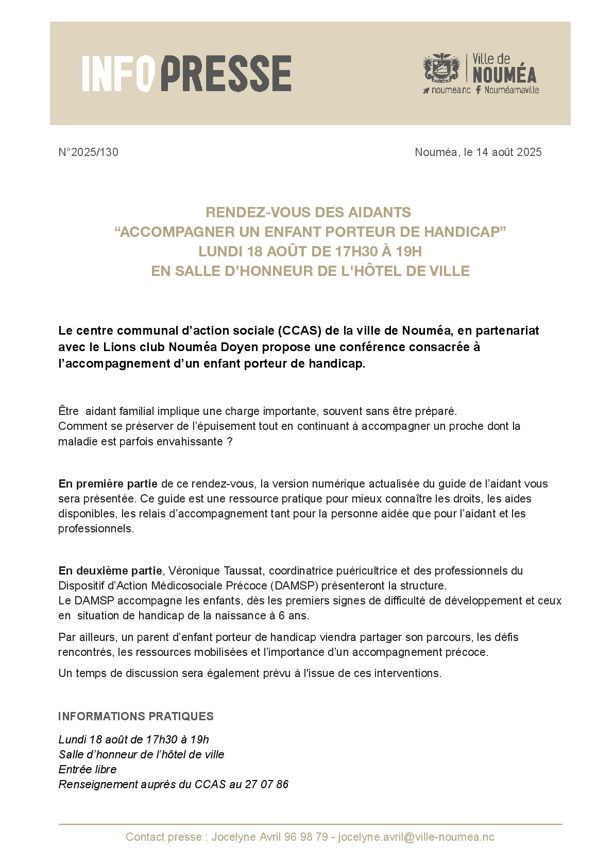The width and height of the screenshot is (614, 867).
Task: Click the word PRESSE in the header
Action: (227, 74)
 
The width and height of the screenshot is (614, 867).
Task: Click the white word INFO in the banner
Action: (118, 74)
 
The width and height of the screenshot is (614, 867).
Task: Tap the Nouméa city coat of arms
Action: (441, 68)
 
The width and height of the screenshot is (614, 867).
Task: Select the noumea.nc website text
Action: (451, 90)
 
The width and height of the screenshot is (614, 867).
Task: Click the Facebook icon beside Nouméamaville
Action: (479, 90)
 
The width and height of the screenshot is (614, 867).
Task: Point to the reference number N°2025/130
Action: (89, 152)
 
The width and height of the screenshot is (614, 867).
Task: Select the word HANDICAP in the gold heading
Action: (466, 232)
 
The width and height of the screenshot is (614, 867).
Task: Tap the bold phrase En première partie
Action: (108, 484)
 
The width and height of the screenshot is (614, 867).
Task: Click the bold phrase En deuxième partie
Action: (110, 571)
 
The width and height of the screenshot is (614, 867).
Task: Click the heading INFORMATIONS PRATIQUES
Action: (136, 717)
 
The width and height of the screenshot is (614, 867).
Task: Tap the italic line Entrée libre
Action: (88, 770)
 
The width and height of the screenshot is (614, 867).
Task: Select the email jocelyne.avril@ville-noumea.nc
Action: (416, 837)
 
